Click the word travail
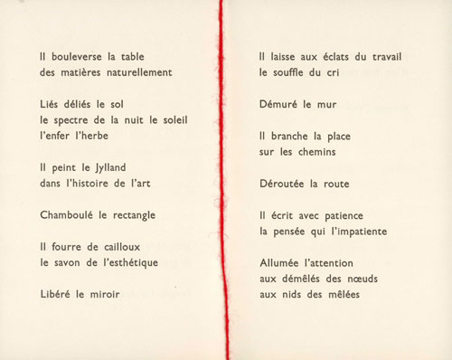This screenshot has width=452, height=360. [x=383, y=57]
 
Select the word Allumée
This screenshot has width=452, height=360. [x=286, y=261]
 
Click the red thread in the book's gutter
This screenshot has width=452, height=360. [x=219, y=181]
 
